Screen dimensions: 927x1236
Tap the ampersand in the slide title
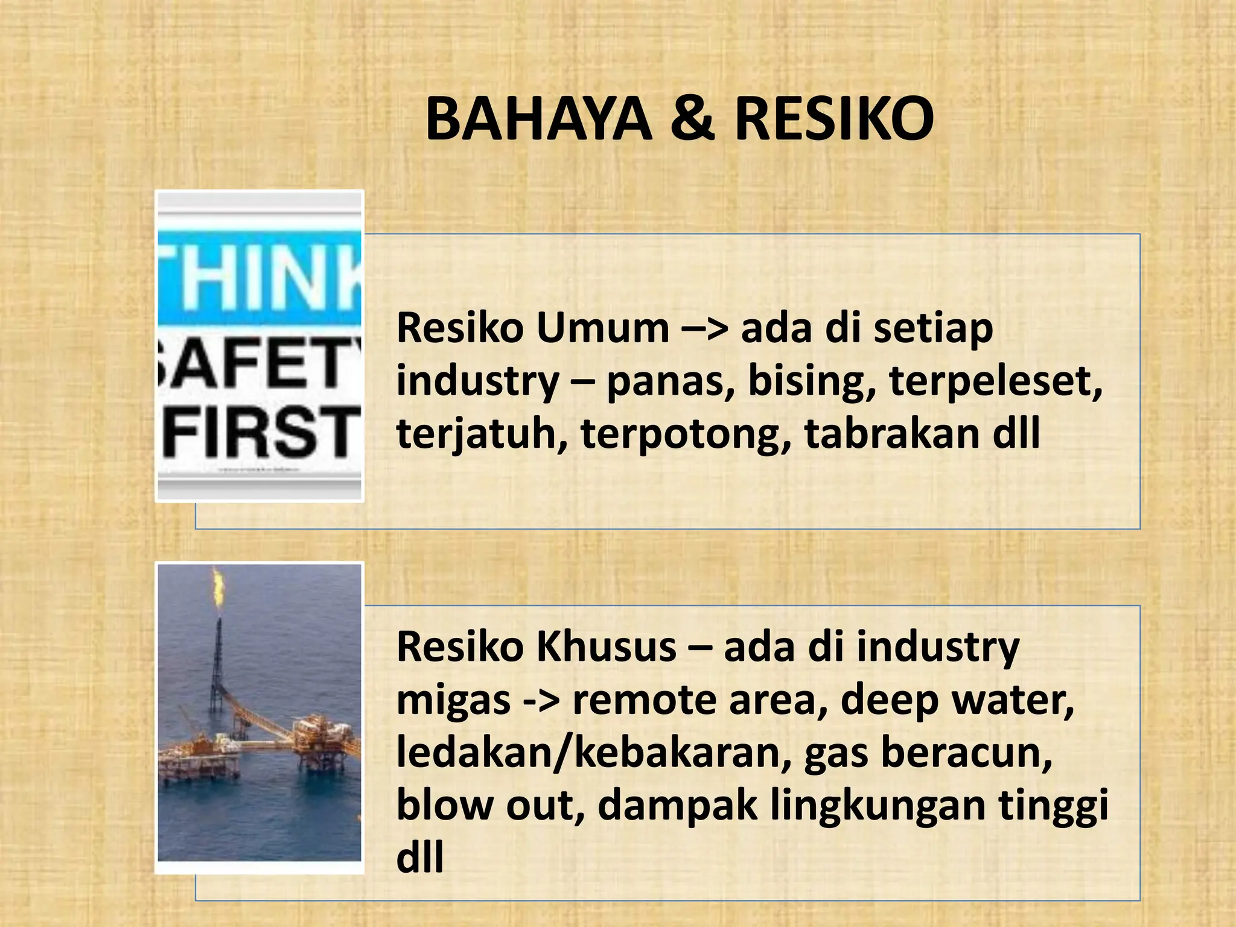(x=692, y=120)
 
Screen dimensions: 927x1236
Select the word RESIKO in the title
(x=834, y=120)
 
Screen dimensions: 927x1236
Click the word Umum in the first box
(x=602, y=329)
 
